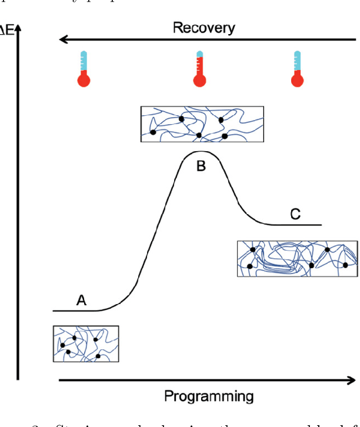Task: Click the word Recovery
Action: point(204,27)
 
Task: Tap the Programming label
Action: point(209,396)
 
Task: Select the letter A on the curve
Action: point(81,301)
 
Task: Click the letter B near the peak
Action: point(201,166)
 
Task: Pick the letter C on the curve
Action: point(295,215)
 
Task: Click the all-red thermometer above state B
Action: point(200,69)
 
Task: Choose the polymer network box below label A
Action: point(86,343)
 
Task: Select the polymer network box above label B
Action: point(202,124)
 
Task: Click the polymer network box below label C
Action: point(297,258)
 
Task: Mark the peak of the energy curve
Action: point(200,152)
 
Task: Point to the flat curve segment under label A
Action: point(76,310)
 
